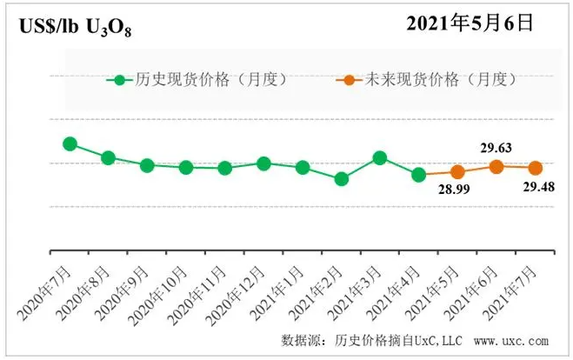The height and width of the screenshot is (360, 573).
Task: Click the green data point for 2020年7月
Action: (70, 143)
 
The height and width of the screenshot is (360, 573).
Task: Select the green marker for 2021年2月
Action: (342, 178)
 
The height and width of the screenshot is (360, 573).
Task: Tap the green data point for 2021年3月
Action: (380, 157)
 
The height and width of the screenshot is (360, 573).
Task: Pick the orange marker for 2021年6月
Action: (496, 166)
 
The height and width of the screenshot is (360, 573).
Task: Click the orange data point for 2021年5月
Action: (458, 172)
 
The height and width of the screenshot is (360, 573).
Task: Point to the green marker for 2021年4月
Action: (418, 174)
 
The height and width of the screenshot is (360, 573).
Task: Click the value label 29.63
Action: (495, 148)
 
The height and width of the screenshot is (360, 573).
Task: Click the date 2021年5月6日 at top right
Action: (470, 23)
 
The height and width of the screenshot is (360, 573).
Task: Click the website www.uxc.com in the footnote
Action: (511, 340)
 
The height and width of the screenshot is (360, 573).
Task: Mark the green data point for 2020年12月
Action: (263, 163)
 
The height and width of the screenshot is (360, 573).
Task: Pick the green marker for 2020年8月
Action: (109, 157)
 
